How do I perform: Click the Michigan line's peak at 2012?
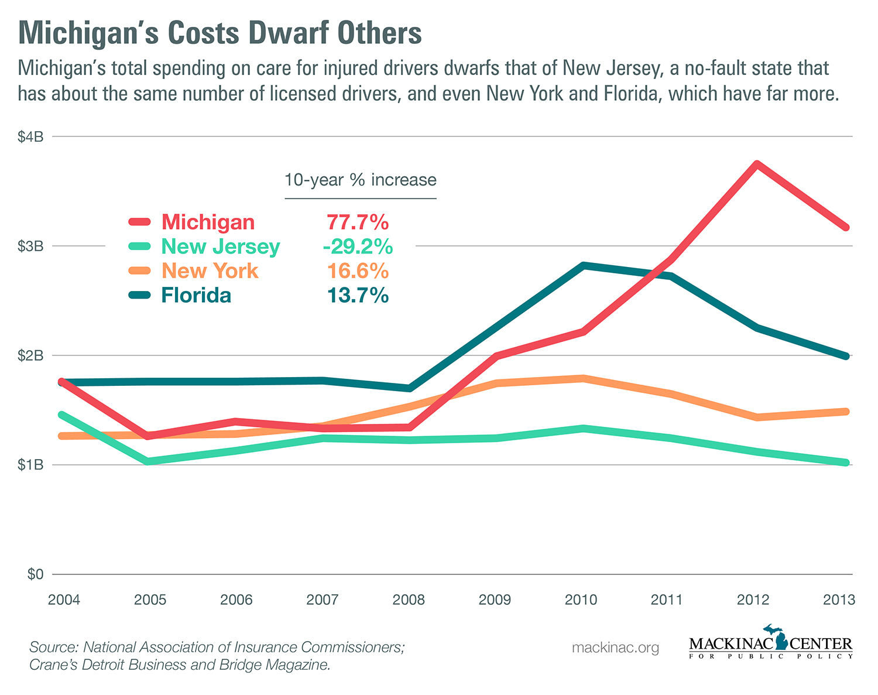(x=756, y=165)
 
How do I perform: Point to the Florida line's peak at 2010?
(x=583, y=265)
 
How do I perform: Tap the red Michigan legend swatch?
(x=140, y=222)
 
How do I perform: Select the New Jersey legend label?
(x=221, y=246)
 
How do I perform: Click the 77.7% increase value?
(x=358, y=222)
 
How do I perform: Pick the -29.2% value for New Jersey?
(x=358, y=246)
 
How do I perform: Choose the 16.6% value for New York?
(x=358, y=271)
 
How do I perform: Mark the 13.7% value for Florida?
(x=358, y=295)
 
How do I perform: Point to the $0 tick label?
(x=36, y=574)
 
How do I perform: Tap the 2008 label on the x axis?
(x=409, y=600)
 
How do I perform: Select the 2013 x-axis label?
(x=839, y=600)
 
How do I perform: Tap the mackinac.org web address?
(x=615, y=648)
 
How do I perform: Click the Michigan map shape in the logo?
(x=780, y=638)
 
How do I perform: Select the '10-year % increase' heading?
(x=361, y=180)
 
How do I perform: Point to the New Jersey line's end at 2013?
(x=845, y=463)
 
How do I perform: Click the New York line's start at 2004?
(x=62, y=436)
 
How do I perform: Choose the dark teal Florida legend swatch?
(x=140, y=295)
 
